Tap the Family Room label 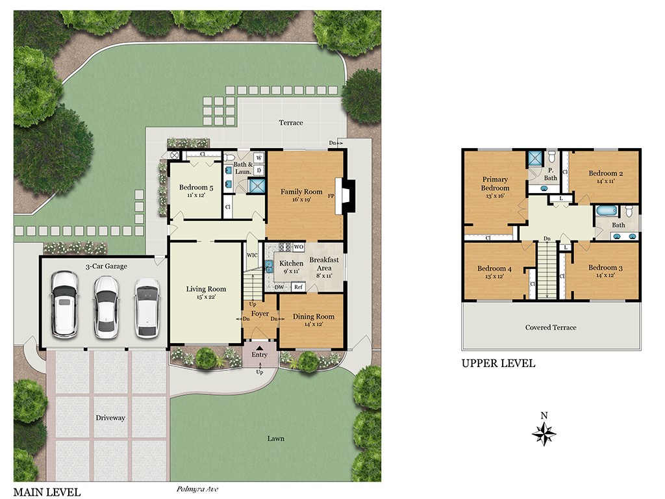pos(301,192)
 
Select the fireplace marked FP pos(345,196)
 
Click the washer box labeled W pos(259,159)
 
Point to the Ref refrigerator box pos(298,287)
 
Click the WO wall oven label pos(298,247)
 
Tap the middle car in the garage pos(106,307)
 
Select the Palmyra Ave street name pos(197,489)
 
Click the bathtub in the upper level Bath pos(607,211)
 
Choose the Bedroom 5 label pos(196,188)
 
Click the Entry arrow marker pos(260,348)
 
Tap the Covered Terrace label pos(551,327)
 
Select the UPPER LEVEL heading pos(498,364)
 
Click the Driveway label pos(110,418)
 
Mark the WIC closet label pos(252,255)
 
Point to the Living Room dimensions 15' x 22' pos(206,297)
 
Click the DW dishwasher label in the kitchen pos(279,287)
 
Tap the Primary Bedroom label pos(495,184)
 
